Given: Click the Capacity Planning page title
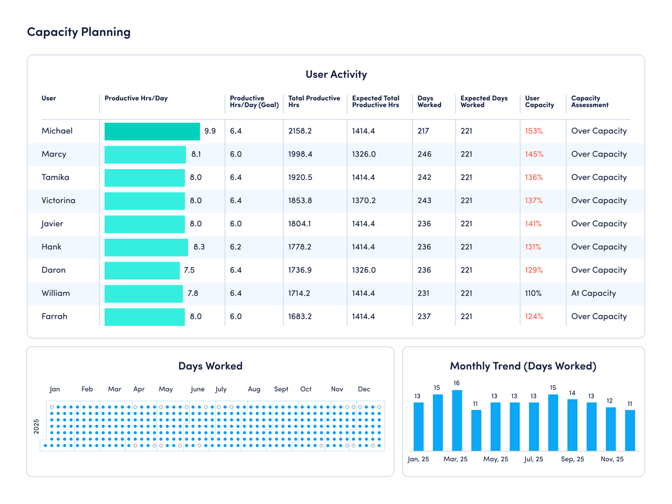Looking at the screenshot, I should (x=79, y=32).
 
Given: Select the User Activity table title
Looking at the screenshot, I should (x=336, y=74).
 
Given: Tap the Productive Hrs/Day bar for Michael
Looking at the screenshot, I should (x=152, y=131).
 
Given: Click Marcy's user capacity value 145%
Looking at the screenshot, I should (x=534, y=154).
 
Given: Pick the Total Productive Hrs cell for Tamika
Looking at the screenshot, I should (x=300, y=177).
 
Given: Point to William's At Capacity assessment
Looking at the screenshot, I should (x=593, y=293).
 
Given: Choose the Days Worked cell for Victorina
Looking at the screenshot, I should (x=424, y=200).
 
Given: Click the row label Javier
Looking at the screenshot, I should (x=52, y=223).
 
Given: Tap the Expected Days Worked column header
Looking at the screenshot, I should (x=484, y=101).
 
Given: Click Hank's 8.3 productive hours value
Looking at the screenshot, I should (x=199, y=247).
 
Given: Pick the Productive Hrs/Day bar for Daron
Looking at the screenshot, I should (x=142, y=270).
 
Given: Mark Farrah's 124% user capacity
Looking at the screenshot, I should (x=534, y=316).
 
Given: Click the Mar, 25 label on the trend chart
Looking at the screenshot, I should (x=455, y=459).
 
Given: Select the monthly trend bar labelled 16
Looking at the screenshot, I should (x=457, y=420).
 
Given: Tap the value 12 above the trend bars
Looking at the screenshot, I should (x=610, y=401).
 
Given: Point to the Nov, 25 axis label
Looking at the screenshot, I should (x=612, y=459).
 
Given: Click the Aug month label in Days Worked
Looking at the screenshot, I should (x=254, y=389).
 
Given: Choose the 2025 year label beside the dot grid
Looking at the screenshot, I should (x=36, y=426).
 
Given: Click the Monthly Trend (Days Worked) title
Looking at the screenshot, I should (x=523, y=366).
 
